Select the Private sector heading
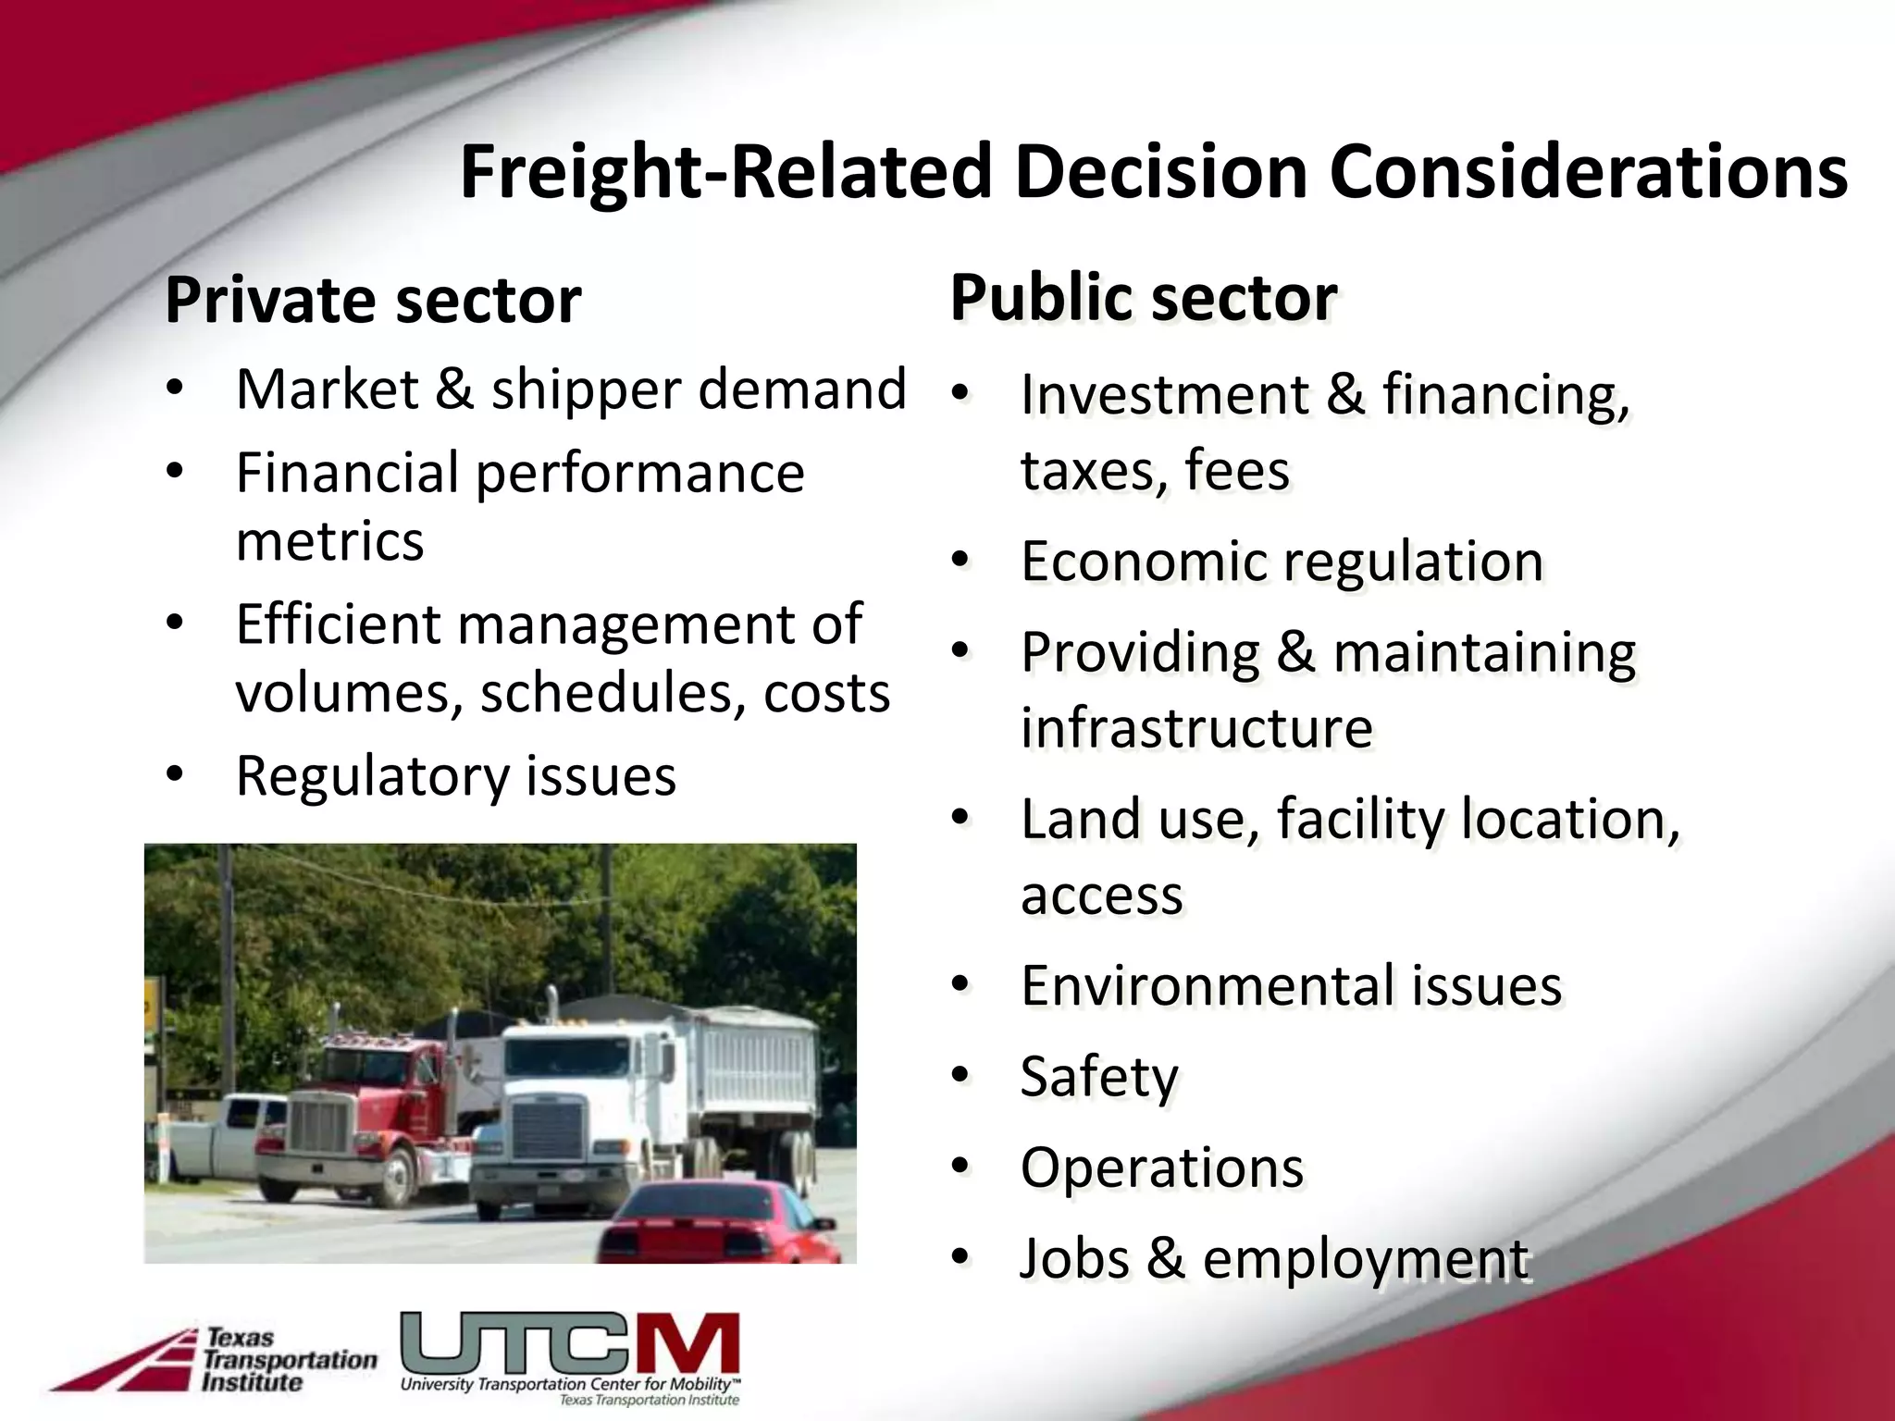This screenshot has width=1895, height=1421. tap(373, 301)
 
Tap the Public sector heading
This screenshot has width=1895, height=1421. tap(1143, 298)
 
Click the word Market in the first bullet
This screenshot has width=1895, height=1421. tap(328, 389)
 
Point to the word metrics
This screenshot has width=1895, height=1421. tap(329, 541)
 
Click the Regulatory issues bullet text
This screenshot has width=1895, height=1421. tap(455, 776)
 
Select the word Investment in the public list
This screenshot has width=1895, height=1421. tap(1163, 396)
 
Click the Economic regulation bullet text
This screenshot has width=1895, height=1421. tap(1282, 562)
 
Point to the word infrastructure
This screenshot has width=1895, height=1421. tap(1196, 728)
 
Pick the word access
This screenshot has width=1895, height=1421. tap(1101, 896)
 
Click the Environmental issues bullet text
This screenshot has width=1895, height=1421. tap(1291, 985)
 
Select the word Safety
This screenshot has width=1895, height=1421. tap(1099, 1077)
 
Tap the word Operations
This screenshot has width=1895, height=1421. tap(1162, 1168)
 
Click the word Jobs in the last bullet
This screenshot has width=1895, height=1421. tap(1073, 1259)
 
